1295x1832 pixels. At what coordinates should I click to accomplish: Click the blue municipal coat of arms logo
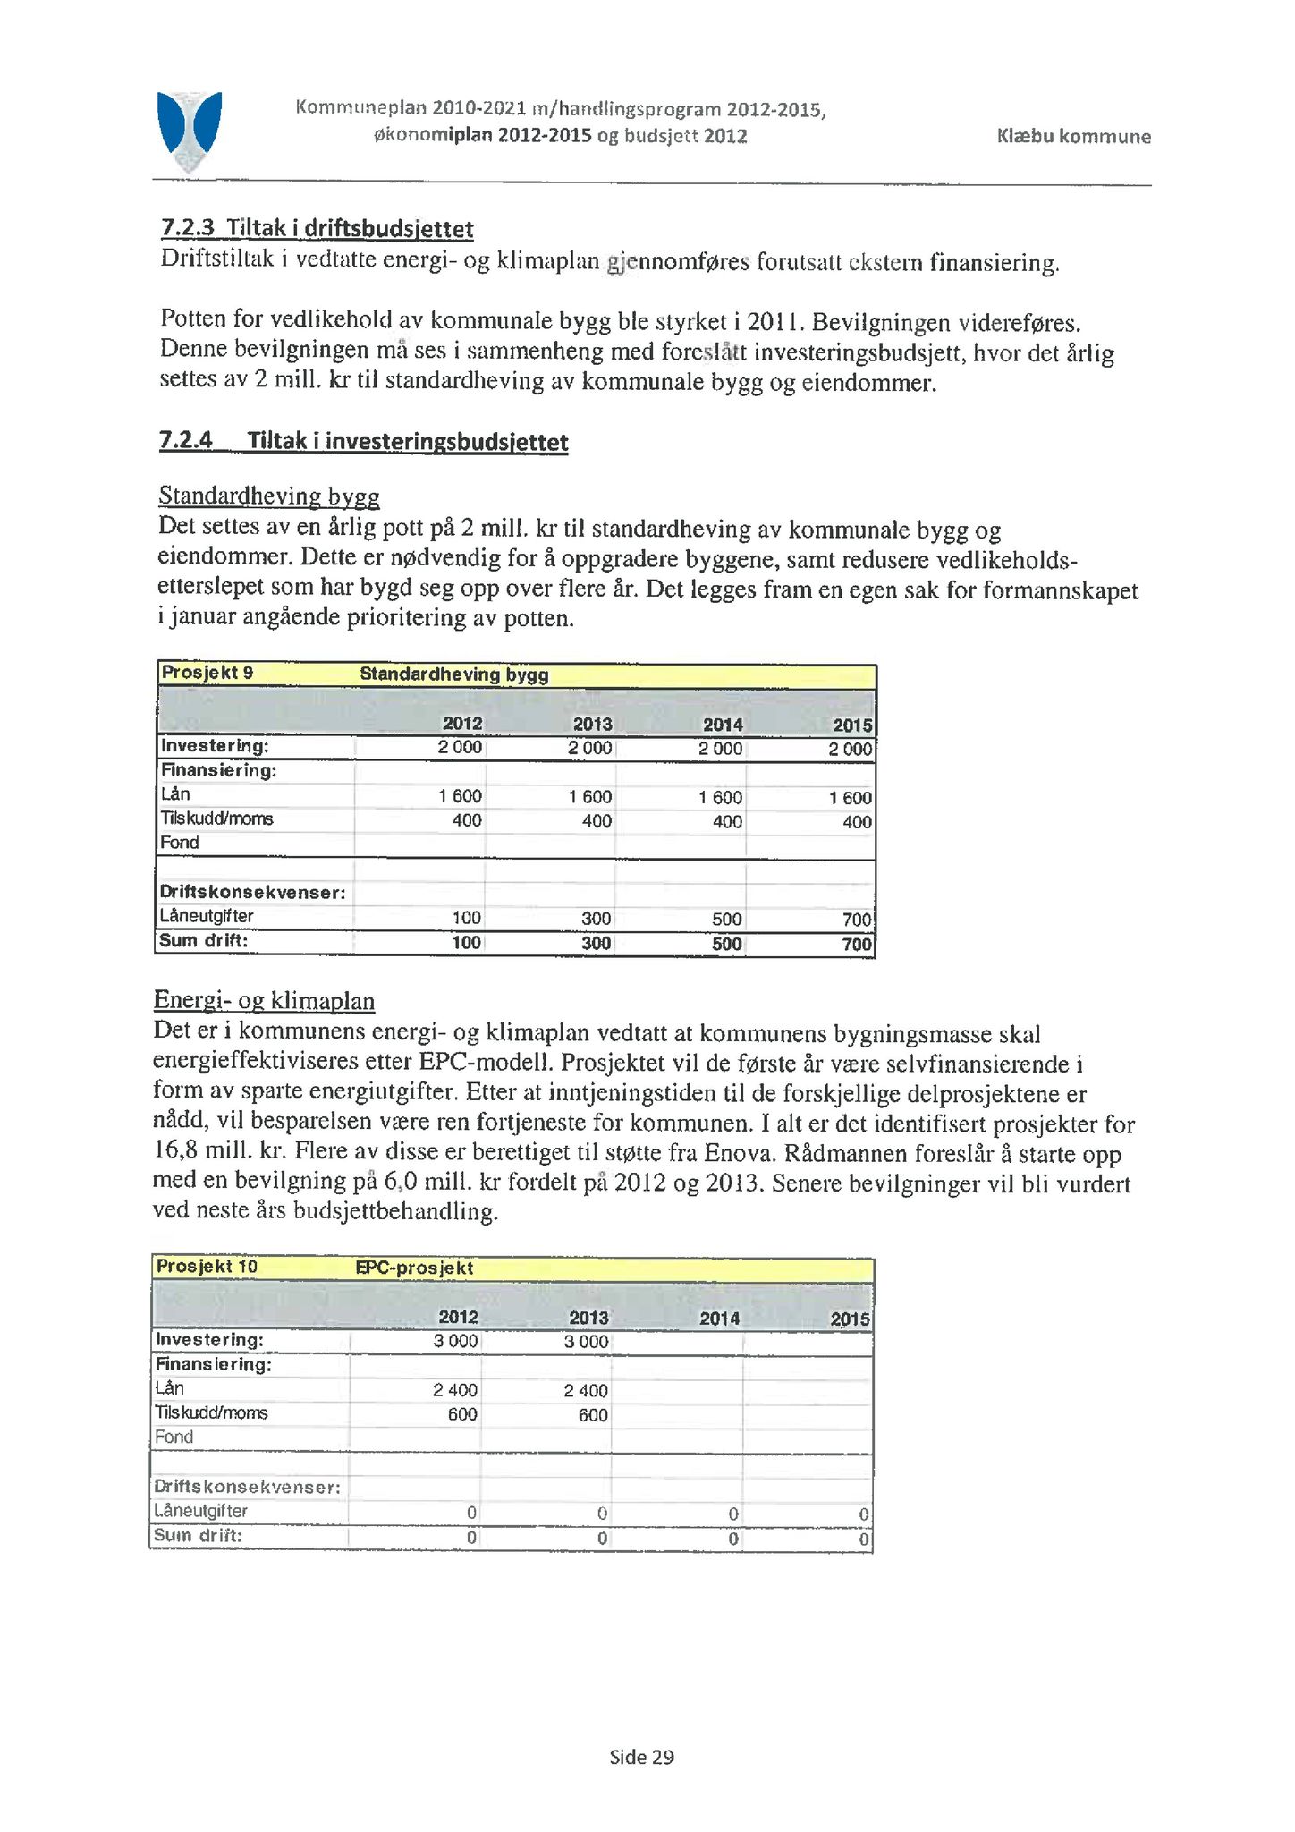[189, 130]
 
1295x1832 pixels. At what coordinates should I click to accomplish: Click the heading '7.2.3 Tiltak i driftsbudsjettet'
[317, 229]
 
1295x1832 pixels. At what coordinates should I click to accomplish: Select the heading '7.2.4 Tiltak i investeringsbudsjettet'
[363, 441]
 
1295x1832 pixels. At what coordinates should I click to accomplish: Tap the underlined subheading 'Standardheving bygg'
[269, 496]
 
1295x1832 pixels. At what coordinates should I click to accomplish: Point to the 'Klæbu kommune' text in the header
[1073, 137]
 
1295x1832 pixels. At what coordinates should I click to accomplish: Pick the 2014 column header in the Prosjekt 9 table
[722, 724]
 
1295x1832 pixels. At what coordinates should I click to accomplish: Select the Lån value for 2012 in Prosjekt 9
[460, 796]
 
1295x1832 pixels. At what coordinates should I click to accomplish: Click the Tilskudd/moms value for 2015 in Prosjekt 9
[856, 821]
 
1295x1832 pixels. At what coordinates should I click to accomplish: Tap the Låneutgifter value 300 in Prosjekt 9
[596, 918]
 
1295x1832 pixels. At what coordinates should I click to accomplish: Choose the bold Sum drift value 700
[856, 943]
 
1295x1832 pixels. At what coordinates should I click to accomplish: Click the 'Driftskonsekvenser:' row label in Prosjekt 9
[252, 892]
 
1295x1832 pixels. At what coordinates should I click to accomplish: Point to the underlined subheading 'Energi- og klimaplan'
[264, 1000]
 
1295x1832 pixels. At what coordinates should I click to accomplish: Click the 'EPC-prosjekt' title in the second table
[414, 1268]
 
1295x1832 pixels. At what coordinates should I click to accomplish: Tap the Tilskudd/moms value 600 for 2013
[592, 1414]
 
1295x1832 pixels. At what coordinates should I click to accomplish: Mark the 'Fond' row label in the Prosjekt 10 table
[174, 1437]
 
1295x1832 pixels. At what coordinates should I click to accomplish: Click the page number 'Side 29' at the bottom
[641, 1757]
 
